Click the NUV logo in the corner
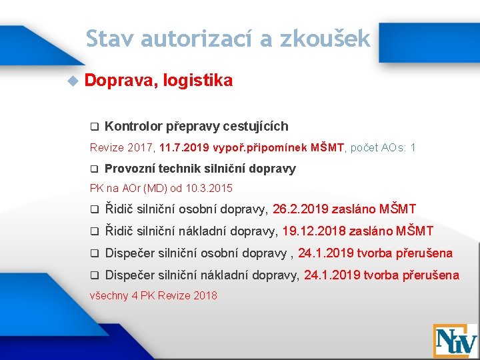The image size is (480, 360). point(455,340)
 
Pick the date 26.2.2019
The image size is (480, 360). point(299,210)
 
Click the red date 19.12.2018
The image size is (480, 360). point(315,231)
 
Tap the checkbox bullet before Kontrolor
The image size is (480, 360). point(95,127)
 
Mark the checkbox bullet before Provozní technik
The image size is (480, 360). point(95,169)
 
